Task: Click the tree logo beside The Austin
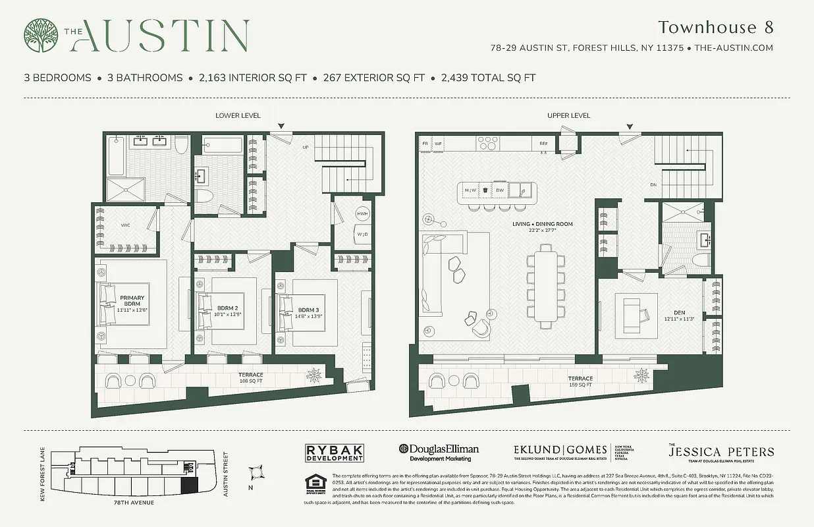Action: click(x=41, y=36)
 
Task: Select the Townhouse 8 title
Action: click(x=715, y=28)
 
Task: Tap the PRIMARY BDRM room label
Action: click(x=132, y=300)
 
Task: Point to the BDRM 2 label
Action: click(x=227, y=310)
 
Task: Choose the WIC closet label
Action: click(x=125, y=225)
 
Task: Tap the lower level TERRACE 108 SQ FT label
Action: click(x=250, y=377)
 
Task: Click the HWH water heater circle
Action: click(x=362, y=214)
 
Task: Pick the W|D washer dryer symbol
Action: click(x=362, y=234)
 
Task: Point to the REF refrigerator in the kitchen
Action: click(x=543, y=143)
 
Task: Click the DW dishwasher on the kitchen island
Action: click(x=501, y=190)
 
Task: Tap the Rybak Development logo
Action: click(x=335, y=453)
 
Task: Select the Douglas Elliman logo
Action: click(x=439, y=452)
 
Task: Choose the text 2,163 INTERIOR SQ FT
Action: click(x=253, y=78)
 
